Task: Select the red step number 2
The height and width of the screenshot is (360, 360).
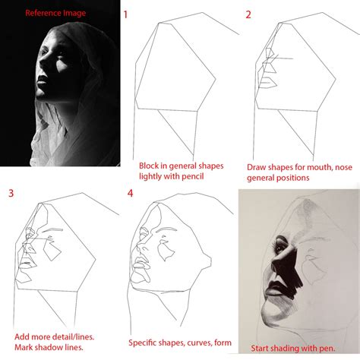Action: [248, 14]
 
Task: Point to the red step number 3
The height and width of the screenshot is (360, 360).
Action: [11, 192]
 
